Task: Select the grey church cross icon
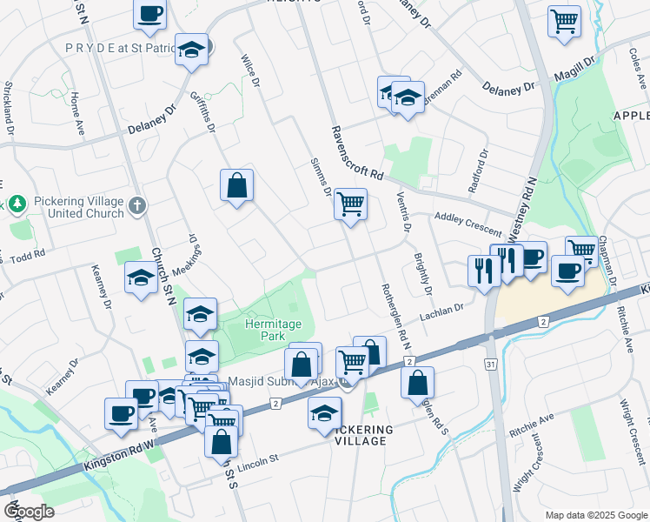coord(136,205)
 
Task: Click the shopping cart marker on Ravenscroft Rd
coord(350,205)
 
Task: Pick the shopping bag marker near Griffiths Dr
coord(236,185)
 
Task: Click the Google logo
coord(29,512)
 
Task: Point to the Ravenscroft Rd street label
coord(356,153)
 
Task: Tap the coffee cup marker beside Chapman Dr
coord(567,272)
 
